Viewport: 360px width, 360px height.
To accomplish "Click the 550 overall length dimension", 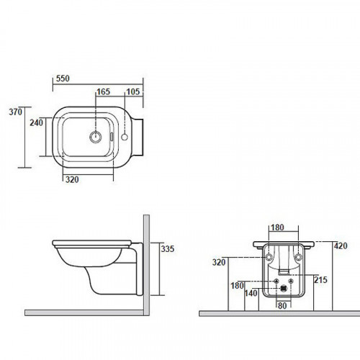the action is click(63, 78).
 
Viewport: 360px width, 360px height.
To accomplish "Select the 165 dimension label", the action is click(103, 91).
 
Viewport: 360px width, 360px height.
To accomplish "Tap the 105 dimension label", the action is click(133, 91).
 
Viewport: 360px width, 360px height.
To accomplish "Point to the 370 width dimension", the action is click(15, 112).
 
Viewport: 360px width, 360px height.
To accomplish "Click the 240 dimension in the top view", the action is click(36, 122).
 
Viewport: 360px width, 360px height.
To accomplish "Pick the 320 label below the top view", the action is click(72, 179).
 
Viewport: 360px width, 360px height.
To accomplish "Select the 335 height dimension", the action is click(168, 249).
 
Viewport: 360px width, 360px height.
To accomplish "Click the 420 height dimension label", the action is click(341, 246).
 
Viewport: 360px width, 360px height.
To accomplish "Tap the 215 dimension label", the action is click(320, 280).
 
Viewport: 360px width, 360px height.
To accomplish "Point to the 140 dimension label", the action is click(251, 293).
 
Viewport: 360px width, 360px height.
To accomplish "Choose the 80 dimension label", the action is click(282, 306).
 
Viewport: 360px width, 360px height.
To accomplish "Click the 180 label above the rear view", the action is click(277, 228).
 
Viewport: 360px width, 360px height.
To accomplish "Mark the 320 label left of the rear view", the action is click(219, 262).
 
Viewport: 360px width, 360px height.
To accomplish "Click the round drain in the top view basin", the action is click(96, 137).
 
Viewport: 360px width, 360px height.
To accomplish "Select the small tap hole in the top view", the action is click(125, 138).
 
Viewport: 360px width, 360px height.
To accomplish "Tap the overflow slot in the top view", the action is click(112, 137).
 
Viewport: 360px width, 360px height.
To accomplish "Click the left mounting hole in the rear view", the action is click(269, 257).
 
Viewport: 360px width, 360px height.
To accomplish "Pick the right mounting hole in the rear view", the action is click(298, 257).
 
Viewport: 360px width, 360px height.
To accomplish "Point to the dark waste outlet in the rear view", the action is click(284, 288).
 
